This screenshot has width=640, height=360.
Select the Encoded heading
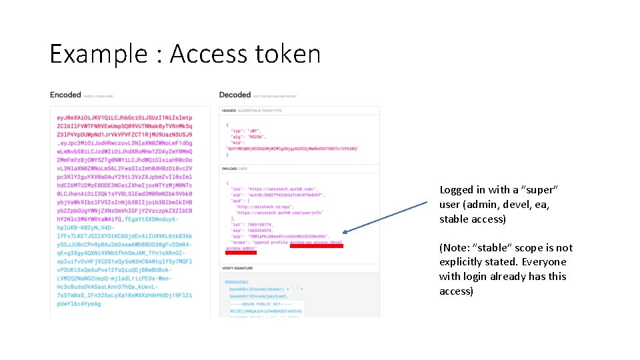tap(65, 95)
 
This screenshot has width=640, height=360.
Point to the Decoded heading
tap(235, 95)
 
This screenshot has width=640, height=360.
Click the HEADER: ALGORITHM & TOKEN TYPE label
tap(252, 110)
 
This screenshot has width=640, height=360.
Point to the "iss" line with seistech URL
tap(273, 189)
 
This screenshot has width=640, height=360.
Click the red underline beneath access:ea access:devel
tap(317, 247)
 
